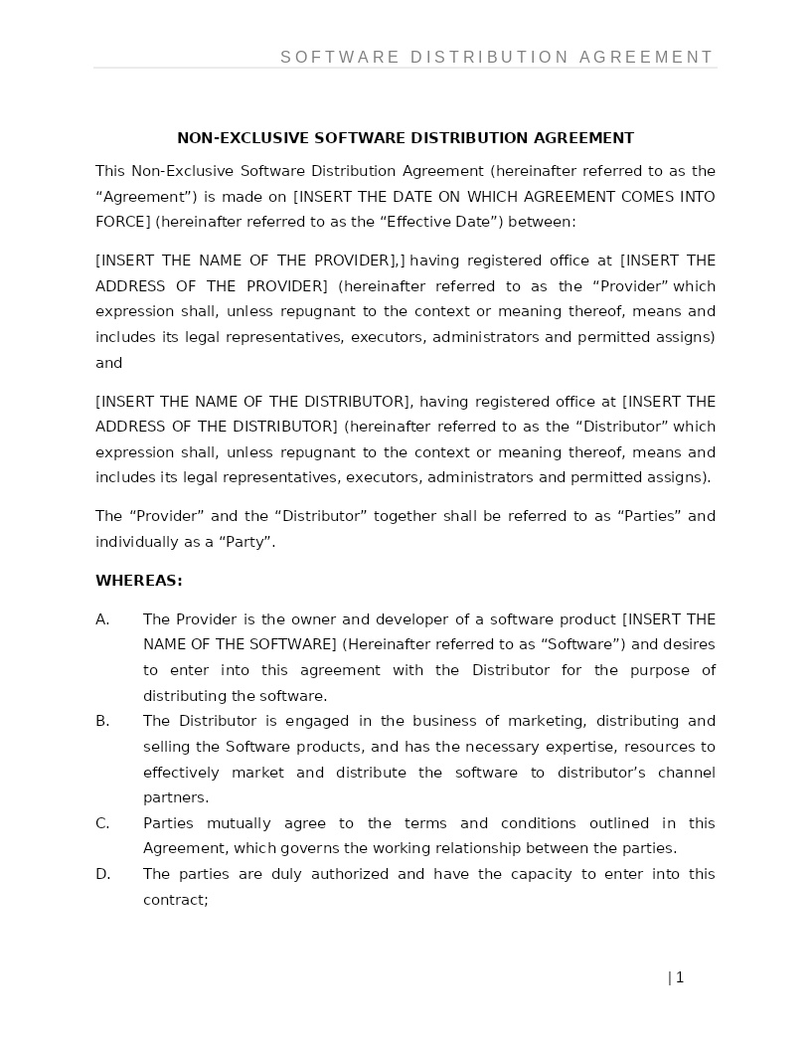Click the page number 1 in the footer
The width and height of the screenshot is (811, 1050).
pyautogui.click(x=680, y=977)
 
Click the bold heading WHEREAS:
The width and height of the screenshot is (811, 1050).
pyautogui.click(x=138, y=581)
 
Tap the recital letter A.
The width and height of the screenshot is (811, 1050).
pyautogui.click(x=101, y=619)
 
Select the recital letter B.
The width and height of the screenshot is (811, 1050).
pyautogui.click(x=101, y=721)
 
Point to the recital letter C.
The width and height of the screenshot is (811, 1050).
pyautogui.click(x=101, y=823)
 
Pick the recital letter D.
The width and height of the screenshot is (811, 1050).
pyautogui.click(x=102, y=874)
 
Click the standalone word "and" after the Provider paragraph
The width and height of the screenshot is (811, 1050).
pyautogui.click(x=108, y=363)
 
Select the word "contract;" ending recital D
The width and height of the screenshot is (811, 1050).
pyautogui.click(x=175, y=900)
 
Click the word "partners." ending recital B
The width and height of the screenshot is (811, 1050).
pyautogui.click(x=176, y=797)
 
